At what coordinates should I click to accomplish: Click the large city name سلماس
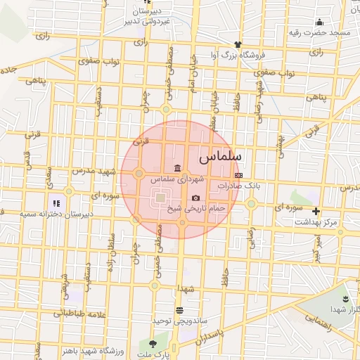pyautogui.click(x=221, y=155)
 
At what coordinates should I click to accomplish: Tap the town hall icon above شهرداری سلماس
pyautogui.click(x=175, y=169)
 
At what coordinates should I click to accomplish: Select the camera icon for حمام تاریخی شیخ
pyautogui.click(x=195, y=198)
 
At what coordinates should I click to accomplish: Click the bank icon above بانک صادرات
pyautogui.click(x=239, y=175)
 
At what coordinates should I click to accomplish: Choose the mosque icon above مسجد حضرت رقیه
pyautogui.click(x=319, y=22)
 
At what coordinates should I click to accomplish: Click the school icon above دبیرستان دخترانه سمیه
pyautogui.click(x=50, y=202)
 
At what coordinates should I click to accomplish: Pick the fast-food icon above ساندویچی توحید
pyautogui.click(x=179, y=309)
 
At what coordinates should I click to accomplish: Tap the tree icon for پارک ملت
pyautogui.click(x=153, y=343)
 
